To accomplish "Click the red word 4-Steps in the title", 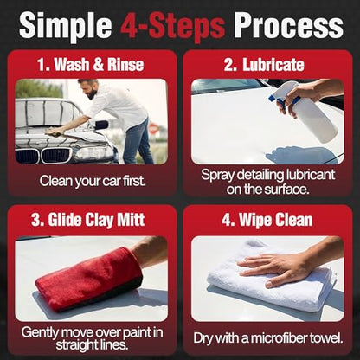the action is pos(173,26).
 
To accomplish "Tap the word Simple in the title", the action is pos(66,26).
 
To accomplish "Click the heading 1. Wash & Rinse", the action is pos(90,64).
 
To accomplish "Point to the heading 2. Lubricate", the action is pos(264,64).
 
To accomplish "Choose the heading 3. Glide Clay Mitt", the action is pos(87,220).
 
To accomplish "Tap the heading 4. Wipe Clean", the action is pos(267,220).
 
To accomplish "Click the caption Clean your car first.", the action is pos(93,181).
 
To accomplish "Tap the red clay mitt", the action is pos(89,278).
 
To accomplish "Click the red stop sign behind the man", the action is pos(154,127).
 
